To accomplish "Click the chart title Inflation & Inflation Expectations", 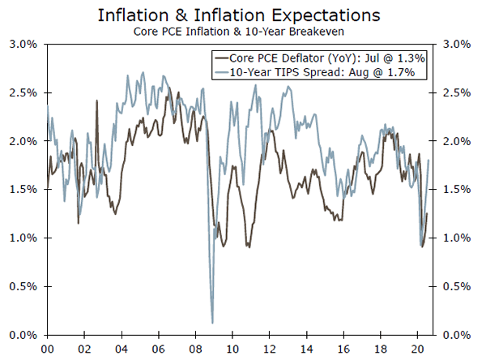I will pyautogui.click(x=243, y=15).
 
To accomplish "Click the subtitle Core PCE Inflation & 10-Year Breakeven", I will pyautogui.click(x=242, y=32).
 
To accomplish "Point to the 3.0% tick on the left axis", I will pyautogui.click(x=26, y=44).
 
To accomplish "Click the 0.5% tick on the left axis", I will pyautogui.click(x=26, y=286).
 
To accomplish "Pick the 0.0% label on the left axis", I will pyautogui.click(x=26, y=335).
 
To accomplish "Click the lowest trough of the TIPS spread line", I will pyautogui.click(x=212, y=323).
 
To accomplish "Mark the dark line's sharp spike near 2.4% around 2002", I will pyautogui.click(x=96, y=101).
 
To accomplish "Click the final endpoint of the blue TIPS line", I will pyautogui.click(x=428, y=161).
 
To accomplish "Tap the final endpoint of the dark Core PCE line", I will pyautogui.click(x=427, y=214).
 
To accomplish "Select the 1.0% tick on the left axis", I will pyautogui.click(x=26, y=238).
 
